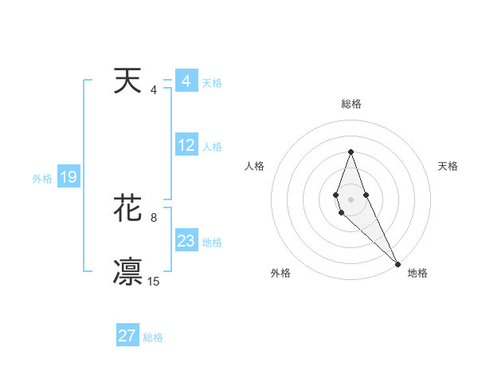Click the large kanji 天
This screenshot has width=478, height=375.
(128, 81)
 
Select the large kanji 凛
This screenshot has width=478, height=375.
(128, 271)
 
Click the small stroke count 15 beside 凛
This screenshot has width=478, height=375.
(154, 281)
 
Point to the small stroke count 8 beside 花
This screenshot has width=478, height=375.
(154, 217)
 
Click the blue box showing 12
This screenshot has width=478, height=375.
(186, 145)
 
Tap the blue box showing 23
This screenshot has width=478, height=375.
(186, 241)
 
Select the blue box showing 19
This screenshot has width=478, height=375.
(69, 177)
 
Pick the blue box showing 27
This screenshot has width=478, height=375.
(127, 336)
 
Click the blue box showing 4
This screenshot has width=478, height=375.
(186, 81)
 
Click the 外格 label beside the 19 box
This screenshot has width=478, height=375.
(42, 179)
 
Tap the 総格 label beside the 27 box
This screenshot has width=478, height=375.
(153, 337)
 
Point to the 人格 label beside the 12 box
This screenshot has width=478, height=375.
(212, 147)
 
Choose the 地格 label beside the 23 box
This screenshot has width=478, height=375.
(212, 243)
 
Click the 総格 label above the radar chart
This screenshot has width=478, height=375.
(351, 104)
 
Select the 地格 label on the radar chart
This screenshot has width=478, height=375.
(417, 273)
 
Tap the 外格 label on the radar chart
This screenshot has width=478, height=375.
(280, 273)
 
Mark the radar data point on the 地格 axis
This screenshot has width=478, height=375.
(398, 264)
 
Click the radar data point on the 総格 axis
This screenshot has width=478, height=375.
(351, 152)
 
